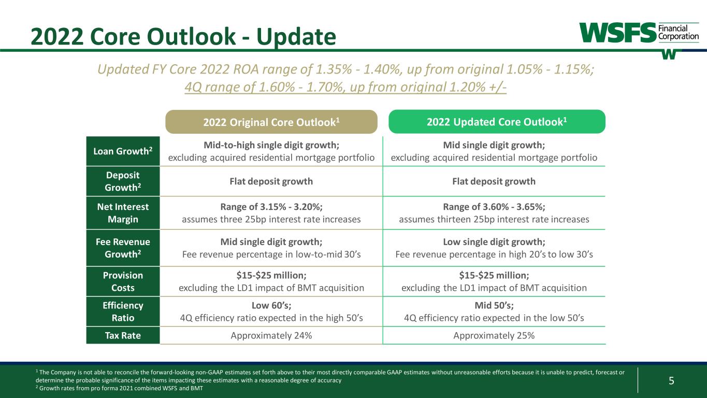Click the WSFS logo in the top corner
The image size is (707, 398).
[x=639, y=34]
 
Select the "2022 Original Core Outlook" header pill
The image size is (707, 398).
[x=271, y=122]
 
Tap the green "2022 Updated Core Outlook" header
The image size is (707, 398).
[x=497, y=122]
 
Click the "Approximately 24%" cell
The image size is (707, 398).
[x=271, y=335]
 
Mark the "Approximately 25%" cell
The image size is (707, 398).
[x=494, y=335]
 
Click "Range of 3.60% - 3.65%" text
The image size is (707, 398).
[x=494, y=207]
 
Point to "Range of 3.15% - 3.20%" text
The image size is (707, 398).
[x=271, y=207]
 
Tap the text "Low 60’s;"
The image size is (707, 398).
[x=271, y=306]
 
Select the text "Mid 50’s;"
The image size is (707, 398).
[x=494, y=306]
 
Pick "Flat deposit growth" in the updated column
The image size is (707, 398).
[x=494, y=181]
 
